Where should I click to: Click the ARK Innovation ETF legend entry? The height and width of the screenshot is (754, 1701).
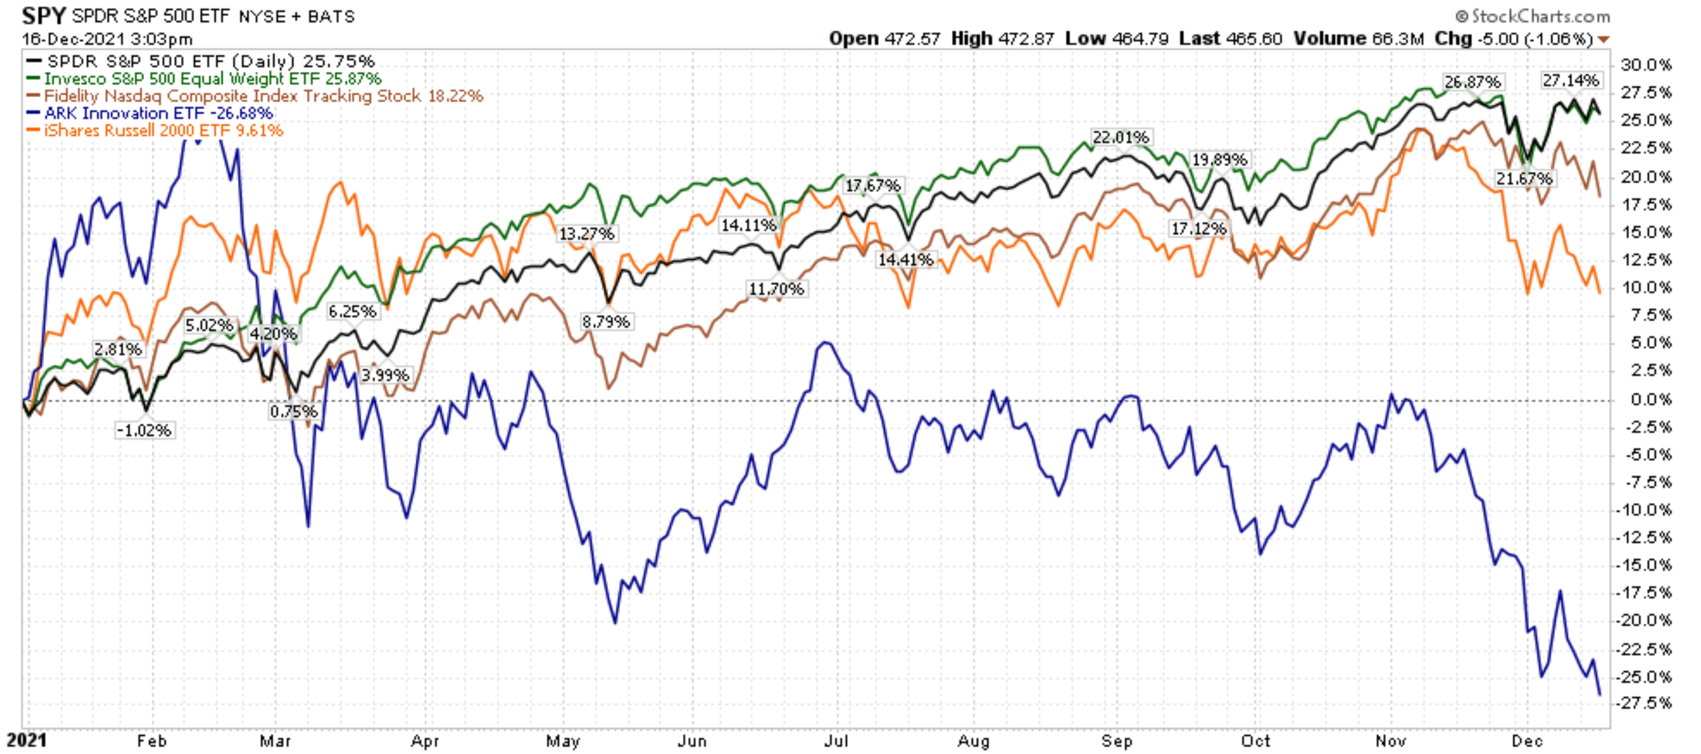(x=158, y=113)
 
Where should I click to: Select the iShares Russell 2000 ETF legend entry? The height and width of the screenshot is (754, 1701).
(x=163, y=130)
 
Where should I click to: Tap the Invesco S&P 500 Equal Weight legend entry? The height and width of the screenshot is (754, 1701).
(x=213, y=79)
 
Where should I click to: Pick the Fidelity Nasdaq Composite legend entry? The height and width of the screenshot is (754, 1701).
(x=263, y=96)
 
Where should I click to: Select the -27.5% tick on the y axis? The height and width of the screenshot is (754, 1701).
(x=1645, y=702)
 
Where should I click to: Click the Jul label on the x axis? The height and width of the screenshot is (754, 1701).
(x=836, y=741)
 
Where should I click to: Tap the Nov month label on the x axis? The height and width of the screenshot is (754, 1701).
(x=1390, y=741)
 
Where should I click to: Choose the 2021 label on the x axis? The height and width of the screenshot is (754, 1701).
(x=27, y=740)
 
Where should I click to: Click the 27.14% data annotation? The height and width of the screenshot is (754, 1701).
(x=1571, y=81)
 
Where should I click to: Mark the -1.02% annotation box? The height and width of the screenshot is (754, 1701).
(x=144, y=431)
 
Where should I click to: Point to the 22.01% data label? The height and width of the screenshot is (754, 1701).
(x=1121, y=137)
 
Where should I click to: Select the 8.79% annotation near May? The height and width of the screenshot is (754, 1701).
(x=605, y=321)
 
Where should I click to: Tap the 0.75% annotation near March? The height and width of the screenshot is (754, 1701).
(x=294, y=411)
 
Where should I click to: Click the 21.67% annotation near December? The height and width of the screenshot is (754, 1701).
(x=1524, y=178)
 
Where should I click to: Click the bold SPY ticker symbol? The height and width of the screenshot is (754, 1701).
(x=43, y=16)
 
